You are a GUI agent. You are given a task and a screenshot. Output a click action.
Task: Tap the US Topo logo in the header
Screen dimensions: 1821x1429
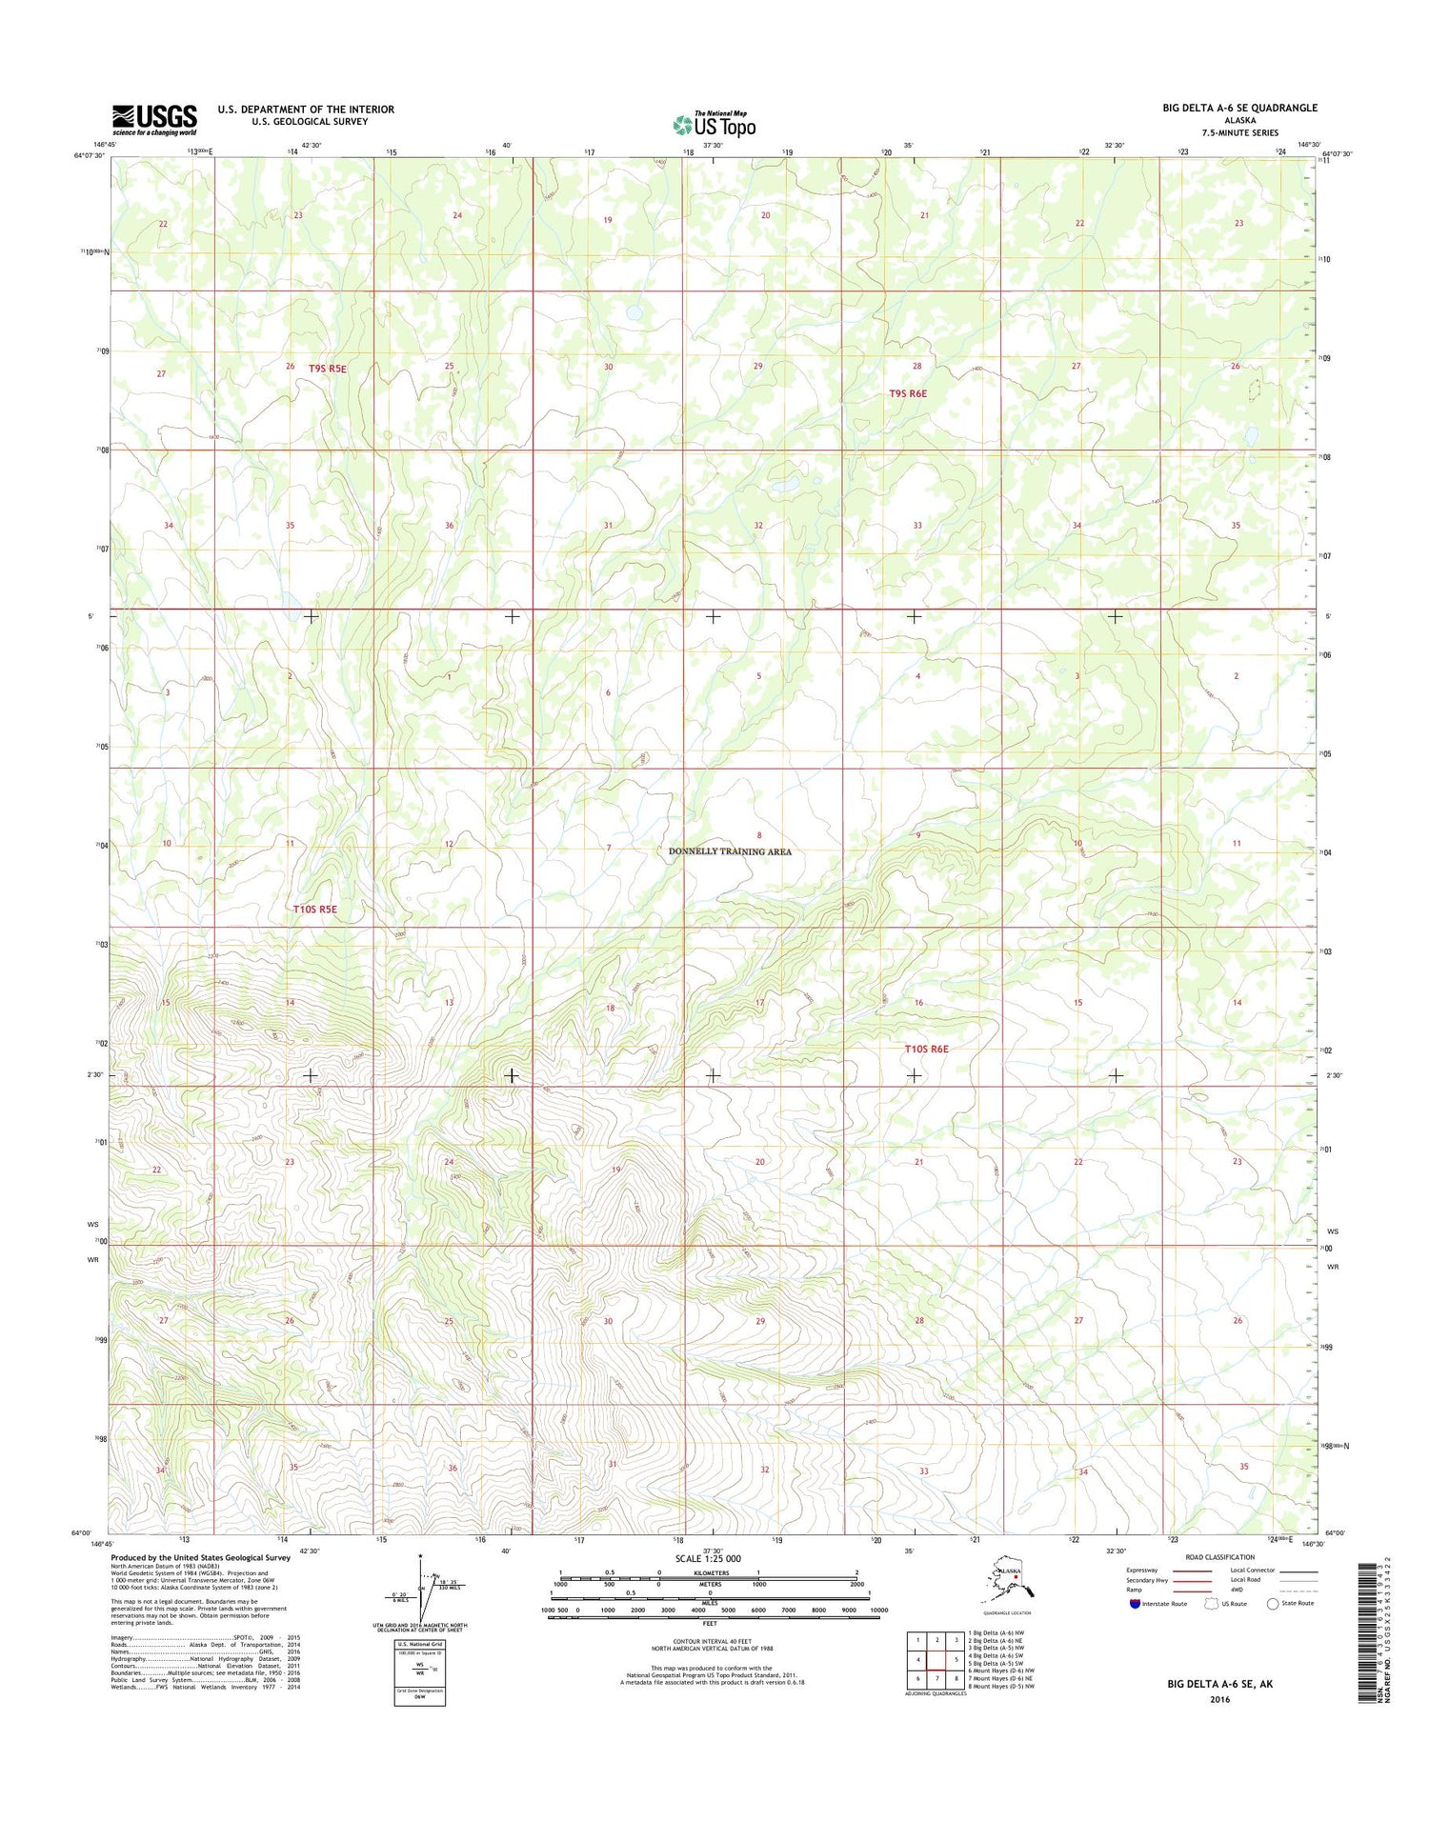pyautogui.click(x=714, y=124)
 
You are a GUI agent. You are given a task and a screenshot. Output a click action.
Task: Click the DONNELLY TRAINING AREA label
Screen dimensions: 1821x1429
pyautogui.click(x=730, y=851)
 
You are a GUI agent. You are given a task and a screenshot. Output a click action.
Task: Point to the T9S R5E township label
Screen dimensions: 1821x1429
pyautogui.click(x=328, y=368)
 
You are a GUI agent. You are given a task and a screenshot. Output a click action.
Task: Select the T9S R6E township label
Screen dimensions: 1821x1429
pyautogui.click(x=907, y=393)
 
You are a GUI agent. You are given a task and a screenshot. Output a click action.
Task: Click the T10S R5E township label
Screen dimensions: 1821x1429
pyautogui.click(x=314, y=909)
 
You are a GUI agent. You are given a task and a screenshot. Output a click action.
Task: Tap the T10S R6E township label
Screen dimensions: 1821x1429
pyautogui.click(x=926, y=1049)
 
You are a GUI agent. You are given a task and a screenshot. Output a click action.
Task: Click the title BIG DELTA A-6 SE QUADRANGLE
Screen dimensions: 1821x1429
pyautogui.click(x=1239, y=108)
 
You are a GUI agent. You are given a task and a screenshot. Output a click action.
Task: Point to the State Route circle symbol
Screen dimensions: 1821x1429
pyautogui.click(x=1272, y=1604)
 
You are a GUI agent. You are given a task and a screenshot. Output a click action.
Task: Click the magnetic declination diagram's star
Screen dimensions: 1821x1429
pyautogui.click(x=419, y=1556)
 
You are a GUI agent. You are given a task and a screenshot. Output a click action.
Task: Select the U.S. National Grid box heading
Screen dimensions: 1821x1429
pyautogui.click(x=419, y=1645)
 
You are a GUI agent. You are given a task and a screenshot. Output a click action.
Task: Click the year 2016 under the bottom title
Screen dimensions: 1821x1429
pyautogui.click(x=1219, y=1699)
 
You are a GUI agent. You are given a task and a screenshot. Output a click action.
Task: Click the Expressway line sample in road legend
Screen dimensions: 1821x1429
pyautogui.click(x=1191, y=1571)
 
